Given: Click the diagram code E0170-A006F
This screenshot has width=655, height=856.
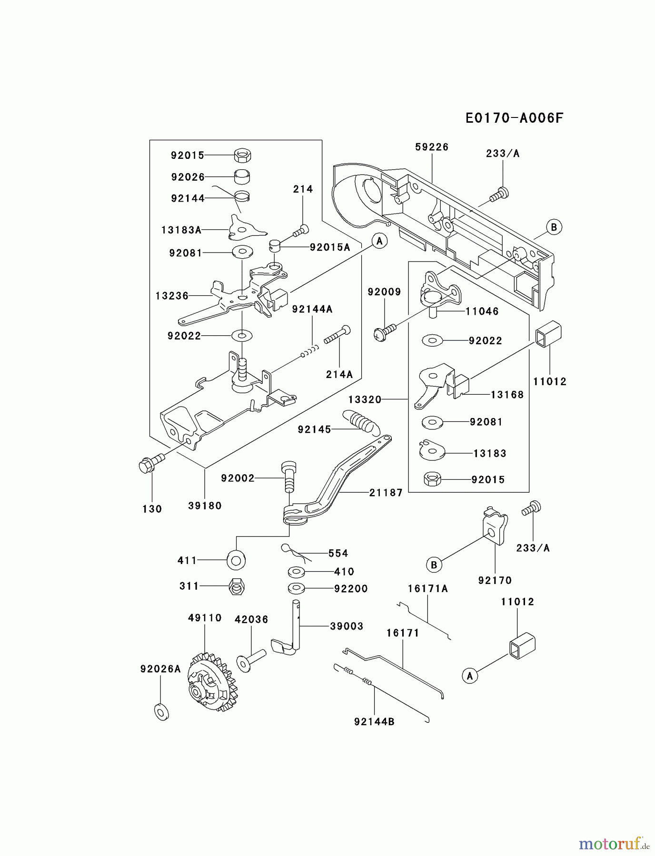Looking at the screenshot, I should point(514,118).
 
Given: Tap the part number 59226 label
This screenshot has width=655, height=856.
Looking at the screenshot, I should point(431,147).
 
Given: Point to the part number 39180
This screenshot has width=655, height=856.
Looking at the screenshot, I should point(205,506).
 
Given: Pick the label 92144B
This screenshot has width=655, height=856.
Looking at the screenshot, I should point(374,721).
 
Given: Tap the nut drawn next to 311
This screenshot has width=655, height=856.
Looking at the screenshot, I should point(237,586).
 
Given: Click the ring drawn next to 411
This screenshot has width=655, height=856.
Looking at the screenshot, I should point(236,560).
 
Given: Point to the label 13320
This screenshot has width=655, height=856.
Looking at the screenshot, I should point(365,399).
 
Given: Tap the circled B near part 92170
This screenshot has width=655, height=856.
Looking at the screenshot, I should point(434,565).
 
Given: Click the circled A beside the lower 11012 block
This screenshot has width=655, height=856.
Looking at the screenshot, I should point(470,676).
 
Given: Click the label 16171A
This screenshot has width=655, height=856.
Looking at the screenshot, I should point(427,589).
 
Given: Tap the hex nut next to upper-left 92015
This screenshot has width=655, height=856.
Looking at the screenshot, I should point(243,155).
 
